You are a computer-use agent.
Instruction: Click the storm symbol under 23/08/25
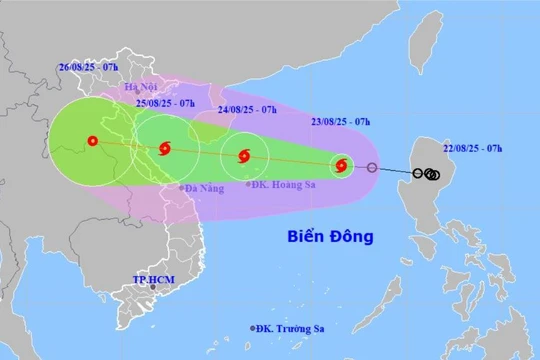(x=341, y=166)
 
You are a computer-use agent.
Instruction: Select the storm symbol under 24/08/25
(x=243, y=156)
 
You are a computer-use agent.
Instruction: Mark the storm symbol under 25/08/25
(x=164, y=149)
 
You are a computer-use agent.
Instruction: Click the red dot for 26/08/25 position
(x=92, y=141)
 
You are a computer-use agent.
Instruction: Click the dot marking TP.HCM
(x=153, y=288)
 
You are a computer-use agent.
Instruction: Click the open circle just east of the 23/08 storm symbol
(x=372, y=168)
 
